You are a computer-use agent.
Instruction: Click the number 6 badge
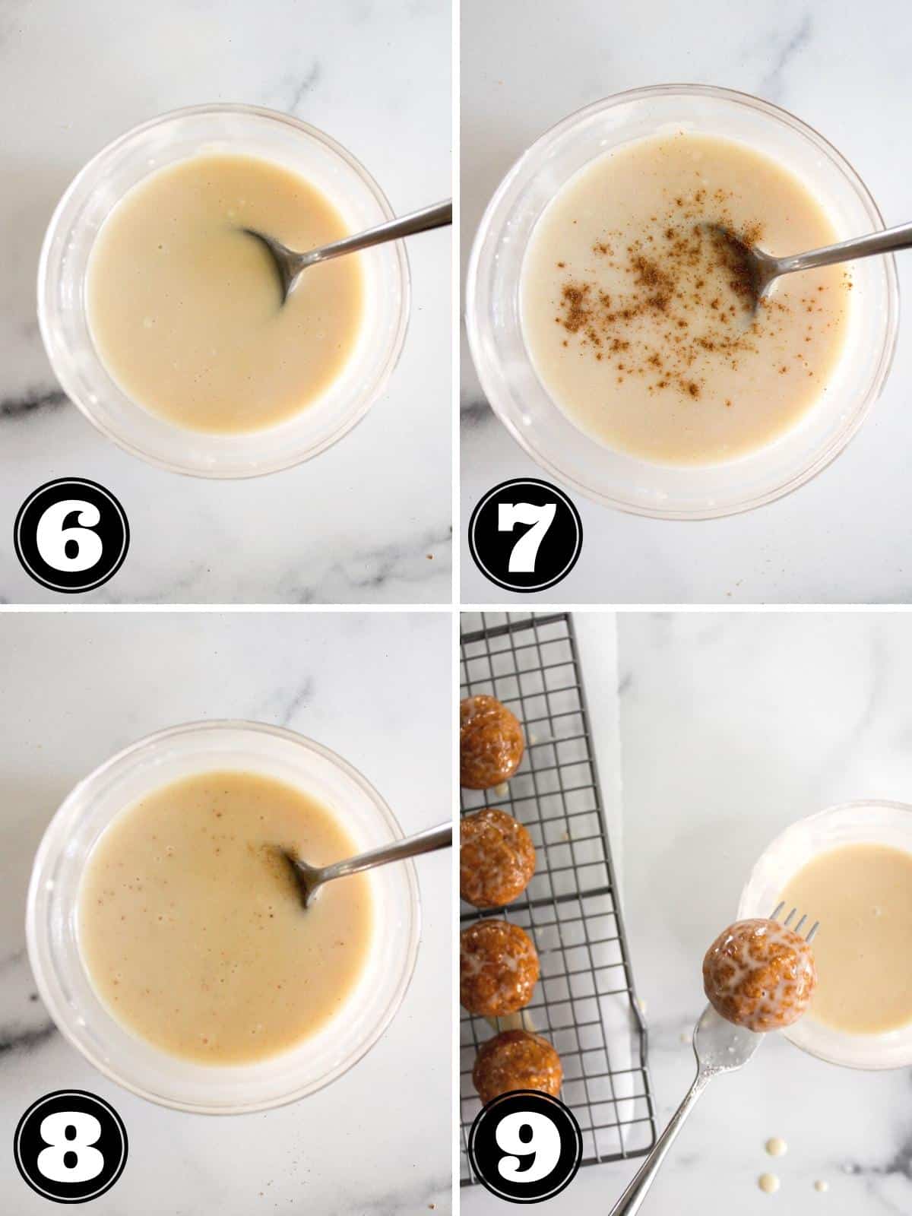point(71,535)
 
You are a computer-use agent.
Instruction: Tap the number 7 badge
point(525,535)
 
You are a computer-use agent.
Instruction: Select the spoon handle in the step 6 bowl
point(376,232)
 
